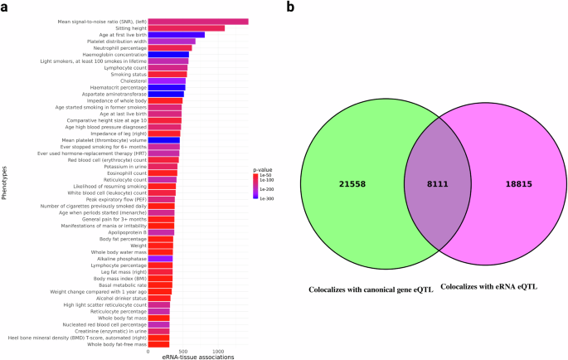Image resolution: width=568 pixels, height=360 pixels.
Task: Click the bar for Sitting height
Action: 187,28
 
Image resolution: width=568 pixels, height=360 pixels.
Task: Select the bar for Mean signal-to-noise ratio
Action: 198,22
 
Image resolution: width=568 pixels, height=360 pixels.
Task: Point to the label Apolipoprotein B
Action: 124,232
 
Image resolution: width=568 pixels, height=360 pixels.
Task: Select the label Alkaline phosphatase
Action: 122,259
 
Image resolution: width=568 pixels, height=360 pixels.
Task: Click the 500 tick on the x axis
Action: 183,352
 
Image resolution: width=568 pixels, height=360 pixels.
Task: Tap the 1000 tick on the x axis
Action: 218,352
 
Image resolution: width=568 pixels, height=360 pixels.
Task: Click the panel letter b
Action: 290,7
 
